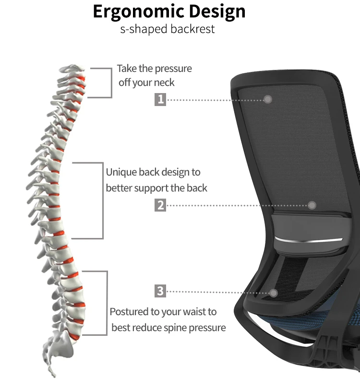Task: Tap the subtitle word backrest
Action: pos(193,29)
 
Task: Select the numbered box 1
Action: pos(160,99)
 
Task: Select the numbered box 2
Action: pos(160,205)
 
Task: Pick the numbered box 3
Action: pos(160,291)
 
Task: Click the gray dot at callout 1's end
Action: pos(268,99)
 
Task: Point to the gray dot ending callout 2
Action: pos(312,205)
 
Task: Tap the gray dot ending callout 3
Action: pos(274,292)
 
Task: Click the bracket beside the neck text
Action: pos(110,83)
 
